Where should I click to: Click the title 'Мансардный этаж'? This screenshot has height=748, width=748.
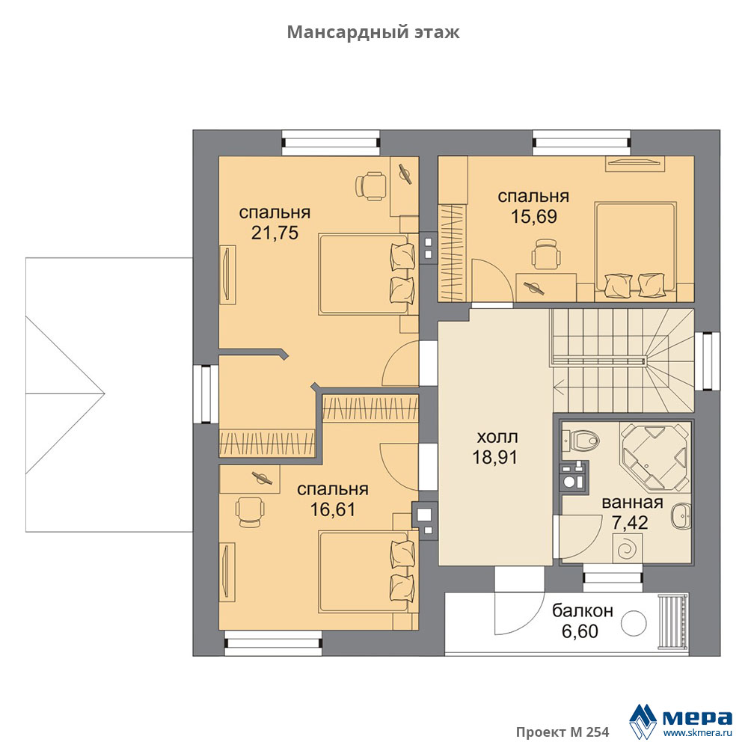coord(373,32)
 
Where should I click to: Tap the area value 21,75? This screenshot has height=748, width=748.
coord(275,233)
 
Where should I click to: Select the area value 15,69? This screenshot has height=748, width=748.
coord(534,217)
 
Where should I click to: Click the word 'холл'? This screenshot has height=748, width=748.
coord(497,437)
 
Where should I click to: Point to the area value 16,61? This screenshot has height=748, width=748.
coord(333,509)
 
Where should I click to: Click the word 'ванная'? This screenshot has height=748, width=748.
coord(632,503)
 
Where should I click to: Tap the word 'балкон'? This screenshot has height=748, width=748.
coord(583,610)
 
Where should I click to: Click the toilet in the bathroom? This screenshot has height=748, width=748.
coord(579,439)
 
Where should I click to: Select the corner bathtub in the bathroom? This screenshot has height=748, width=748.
coord(654,456)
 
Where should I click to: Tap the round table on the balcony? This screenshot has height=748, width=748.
coord(634,624)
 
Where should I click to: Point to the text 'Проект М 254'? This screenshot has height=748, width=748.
coord(562,732)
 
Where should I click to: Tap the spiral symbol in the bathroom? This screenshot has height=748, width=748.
coord(626,549)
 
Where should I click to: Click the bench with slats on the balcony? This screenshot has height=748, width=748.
coord(672,622)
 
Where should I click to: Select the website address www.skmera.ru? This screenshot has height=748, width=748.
coord(697,733)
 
